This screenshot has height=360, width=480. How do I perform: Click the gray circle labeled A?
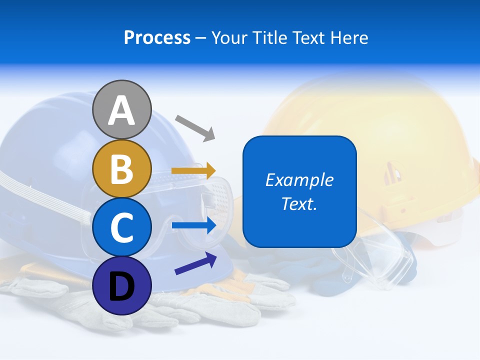(x=121, y=109)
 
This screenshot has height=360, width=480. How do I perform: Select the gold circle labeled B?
(x=121, y=168)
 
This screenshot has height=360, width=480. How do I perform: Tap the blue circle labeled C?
(x=121, y=227)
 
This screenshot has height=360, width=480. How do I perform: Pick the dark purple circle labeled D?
(x=121, y=285)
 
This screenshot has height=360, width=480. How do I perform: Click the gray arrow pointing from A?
(x=195, y=127)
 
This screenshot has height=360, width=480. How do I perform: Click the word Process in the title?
(x=157, y=38)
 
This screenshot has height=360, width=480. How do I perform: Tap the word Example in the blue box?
(x=299, y=180)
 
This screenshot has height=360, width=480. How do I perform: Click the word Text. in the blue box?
(x=299, y=203)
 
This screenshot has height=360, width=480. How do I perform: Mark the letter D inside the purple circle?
(x=121, y=286)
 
